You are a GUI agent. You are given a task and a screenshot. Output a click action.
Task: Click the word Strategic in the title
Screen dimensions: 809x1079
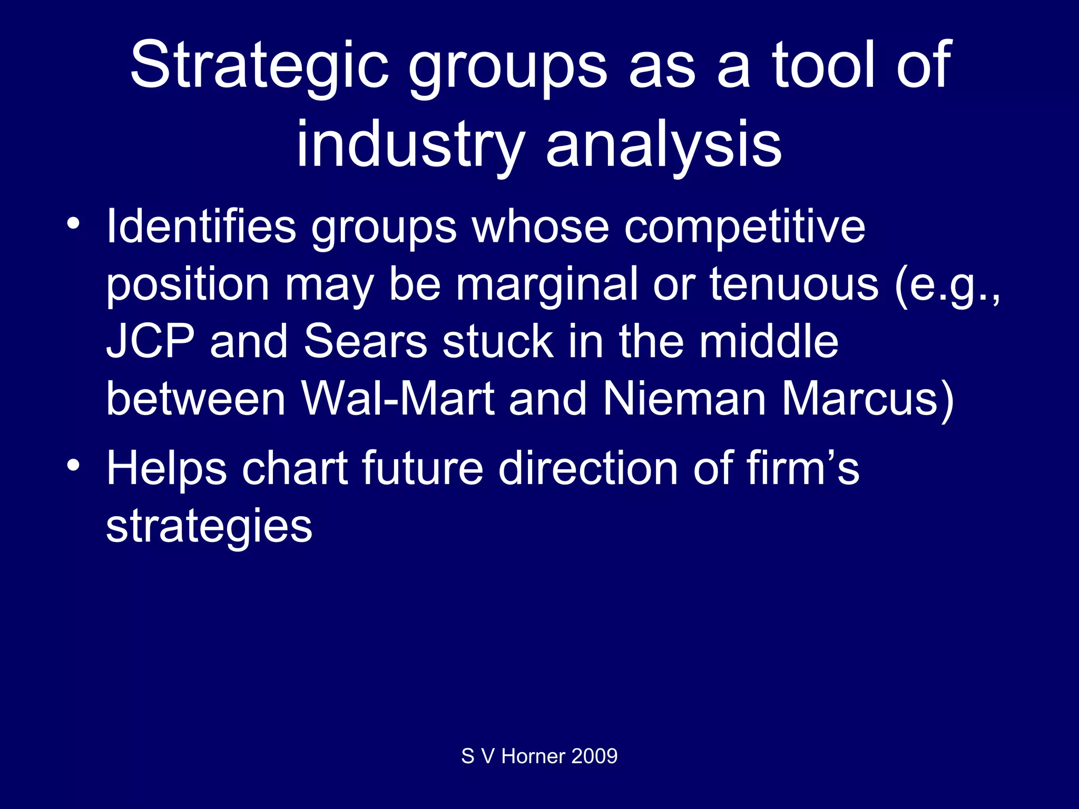coord(259,66)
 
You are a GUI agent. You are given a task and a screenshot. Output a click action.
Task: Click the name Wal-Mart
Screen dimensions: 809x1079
coord(398,399)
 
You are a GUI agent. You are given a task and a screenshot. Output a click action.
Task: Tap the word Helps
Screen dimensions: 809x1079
coord(166,469)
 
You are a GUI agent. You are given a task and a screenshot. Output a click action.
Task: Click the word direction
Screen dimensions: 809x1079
coord(588,469)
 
